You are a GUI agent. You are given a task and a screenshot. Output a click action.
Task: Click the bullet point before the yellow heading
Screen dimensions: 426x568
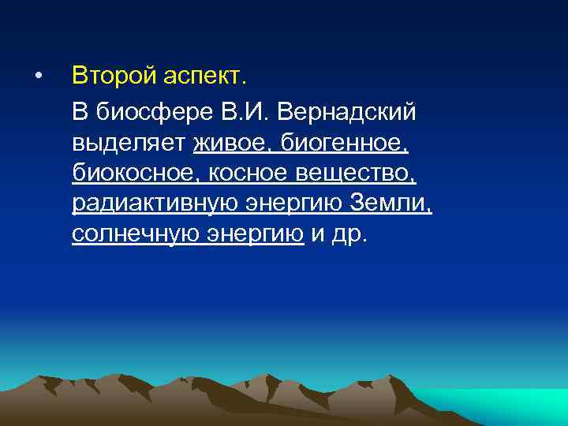(37, 77)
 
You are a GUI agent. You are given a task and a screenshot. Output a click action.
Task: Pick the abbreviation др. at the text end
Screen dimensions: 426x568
(350, 235)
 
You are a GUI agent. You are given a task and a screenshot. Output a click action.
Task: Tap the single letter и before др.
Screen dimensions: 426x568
(319, 235)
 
